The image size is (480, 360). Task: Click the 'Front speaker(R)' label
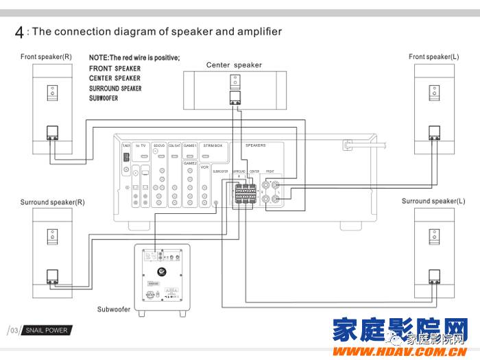[46, 56]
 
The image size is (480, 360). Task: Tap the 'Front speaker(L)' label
[434, 56]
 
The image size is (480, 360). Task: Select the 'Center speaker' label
[234, 65]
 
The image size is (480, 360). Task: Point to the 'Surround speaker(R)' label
[52, 202]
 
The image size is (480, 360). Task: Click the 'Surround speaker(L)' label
[433, 202]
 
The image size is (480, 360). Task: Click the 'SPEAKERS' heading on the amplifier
[255, 145]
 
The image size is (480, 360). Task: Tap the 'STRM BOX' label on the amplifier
[213, 146]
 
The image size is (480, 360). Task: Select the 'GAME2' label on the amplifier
[190, 164]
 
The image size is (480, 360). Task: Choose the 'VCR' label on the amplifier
[204, 167]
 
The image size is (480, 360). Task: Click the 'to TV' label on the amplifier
[142, 146]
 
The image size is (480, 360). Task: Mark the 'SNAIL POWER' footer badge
[47, 331]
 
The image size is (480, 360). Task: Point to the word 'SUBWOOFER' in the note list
[104, 99]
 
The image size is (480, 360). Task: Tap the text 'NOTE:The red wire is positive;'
[134, 58]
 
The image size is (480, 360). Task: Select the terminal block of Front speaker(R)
[52, 132]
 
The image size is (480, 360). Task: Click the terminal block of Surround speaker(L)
[433, 277]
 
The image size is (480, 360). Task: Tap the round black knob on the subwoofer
[169, 276]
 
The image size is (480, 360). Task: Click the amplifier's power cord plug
[348, 146]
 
